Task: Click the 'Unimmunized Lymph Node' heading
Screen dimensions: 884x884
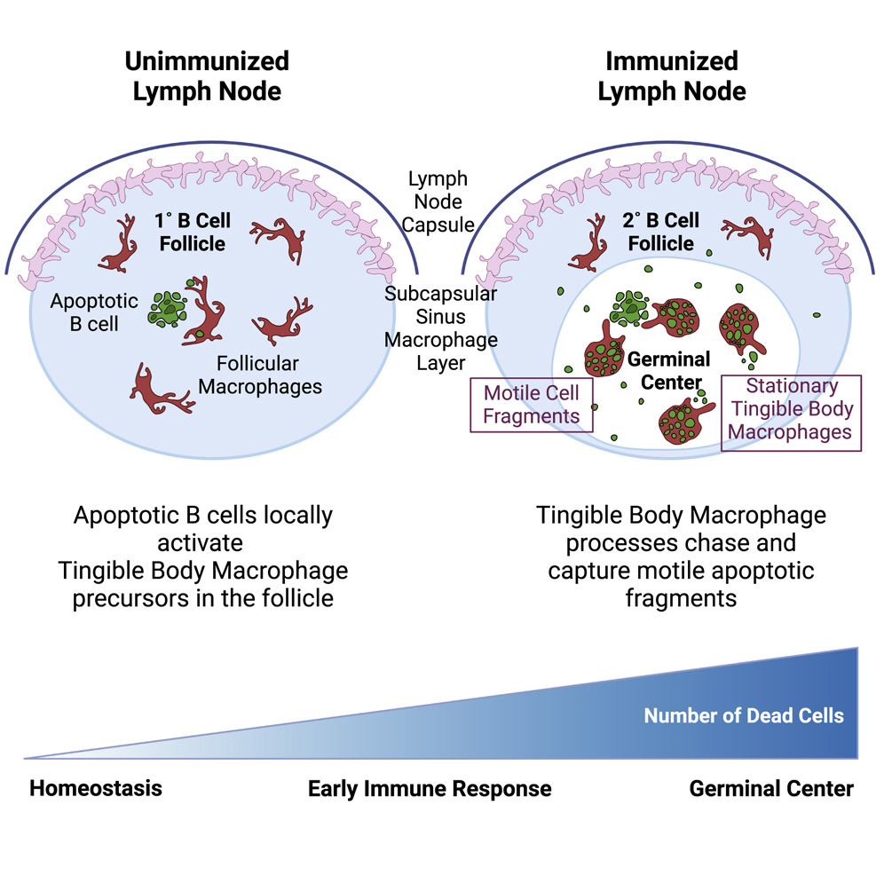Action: click(x=206, y=76)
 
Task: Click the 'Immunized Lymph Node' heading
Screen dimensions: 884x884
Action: click(x=671, y=76)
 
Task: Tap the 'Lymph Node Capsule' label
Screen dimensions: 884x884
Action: click(x=438, y=201)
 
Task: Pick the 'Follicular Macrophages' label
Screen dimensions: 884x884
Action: click(x=259, y=375)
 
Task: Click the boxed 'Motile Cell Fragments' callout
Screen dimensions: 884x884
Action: click(x=531, y=404)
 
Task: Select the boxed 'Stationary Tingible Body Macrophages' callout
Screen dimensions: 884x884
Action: click(x=792, y=410)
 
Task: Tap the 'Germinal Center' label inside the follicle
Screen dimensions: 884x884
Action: click(x=669, y=371)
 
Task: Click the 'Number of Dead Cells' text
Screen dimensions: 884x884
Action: click(x=744, y=715)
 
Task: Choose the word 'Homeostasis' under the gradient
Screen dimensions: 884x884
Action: click(x=96, y=788)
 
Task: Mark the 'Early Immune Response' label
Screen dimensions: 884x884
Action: click(x=430, y=788)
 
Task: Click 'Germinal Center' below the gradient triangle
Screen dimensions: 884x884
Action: click(x=770, y=788)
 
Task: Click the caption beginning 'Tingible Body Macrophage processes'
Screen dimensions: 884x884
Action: click(x=681, y=556)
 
